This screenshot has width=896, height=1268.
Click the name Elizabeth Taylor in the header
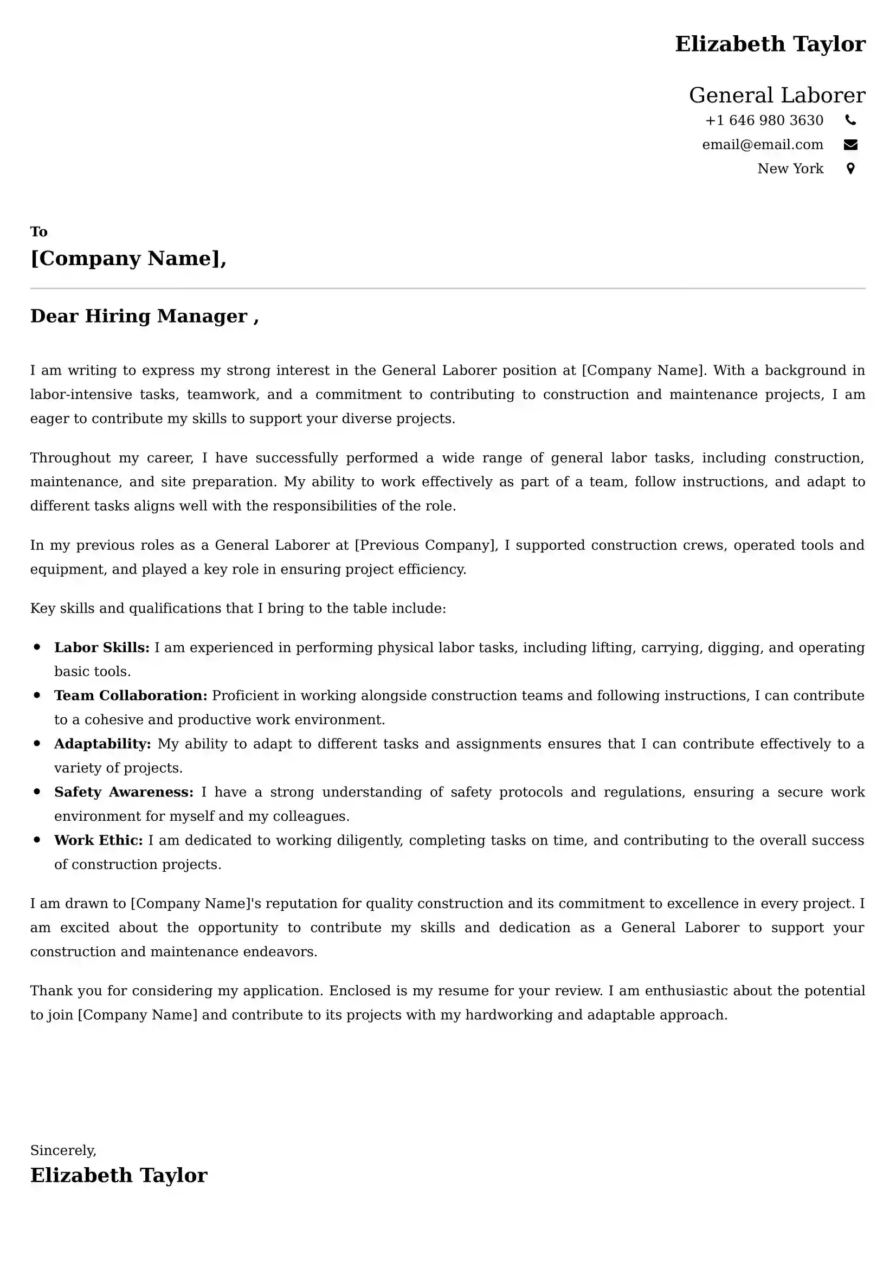770,44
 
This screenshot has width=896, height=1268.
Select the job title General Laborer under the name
776,95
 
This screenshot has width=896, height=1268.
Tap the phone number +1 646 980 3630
764,120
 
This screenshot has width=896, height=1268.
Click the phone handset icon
850,120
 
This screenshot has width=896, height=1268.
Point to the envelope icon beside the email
850,145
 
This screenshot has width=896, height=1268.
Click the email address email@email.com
763,145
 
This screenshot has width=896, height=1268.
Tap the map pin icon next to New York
850,169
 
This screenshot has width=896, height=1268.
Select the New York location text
790,169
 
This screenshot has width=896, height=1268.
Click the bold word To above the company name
38,231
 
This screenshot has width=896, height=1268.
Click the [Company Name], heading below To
128,259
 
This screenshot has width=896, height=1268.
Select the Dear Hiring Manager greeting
144,316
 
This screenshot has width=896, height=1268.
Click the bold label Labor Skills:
101,647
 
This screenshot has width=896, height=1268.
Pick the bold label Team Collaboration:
130,696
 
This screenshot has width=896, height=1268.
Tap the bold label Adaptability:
102,744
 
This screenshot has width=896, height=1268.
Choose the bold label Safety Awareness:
124,792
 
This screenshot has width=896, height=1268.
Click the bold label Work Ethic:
98,840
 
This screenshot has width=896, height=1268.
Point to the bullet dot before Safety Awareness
37,791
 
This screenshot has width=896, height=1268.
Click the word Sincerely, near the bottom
63,1150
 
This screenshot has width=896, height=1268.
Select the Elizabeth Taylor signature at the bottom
119,1175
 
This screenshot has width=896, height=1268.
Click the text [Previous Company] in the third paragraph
425,545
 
